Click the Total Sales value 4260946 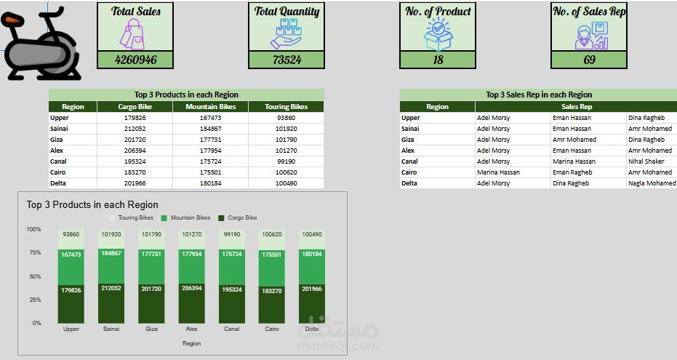135,60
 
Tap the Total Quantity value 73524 287,60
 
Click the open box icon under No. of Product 438,34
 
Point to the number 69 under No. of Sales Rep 589,60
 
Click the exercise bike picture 41,45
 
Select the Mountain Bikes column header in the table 210,107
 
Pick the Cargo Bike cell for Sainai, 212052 135,129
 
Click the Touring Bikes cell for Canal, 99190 286,161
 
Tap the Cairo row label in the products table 58,172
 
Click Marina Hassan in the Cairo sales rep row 498,172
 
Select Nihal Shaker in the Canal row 646,161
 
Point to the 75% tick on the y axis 34,253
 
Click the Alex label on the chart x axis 191,329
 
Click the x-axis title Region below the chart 191,343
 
